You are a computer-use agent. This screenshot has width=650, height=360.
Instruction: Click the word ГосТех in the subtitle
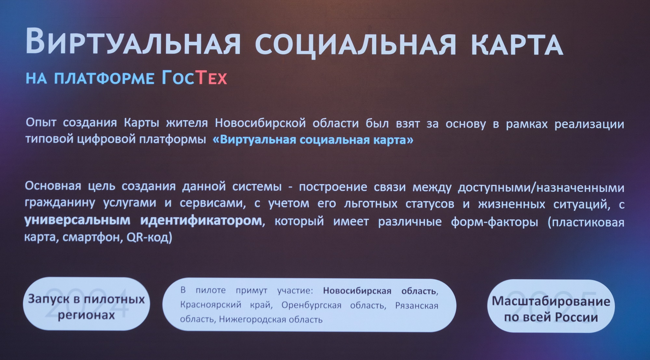pos(194,78)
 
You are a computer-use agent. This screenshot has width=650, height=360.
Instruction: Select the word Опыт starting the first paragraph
pos(41,123)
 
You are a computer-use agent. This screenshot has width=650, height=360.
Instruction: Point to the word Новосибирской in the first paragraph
pos(260,123)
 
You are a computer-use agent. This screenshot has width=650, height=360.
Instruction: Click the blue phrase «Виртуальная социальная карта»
pos(313,140)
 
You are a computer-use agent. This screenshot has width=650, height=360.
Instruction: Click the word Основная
pos(53,186)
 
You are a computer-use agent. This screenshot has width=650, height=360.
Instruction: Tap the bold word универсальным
pos(77,220)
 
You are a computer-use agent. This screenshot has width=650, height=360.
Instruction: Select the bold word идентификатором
pos(201,220)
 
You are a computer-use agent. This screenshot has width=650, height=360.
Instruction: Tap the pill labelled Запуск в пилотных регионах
pos(86,304)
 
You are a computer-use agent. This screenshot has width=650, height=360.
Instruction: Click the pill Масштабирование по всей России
pos(551,306)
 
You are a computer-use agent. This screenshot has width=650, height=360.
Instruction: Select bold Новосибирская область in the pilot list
pos(380,291)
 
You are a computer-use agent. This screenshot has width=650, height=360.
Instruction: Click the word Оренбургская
pos(311,305)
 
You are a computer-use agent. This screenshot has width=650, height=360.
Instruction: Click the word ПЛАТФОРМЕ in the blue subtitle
pos(104,78)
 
